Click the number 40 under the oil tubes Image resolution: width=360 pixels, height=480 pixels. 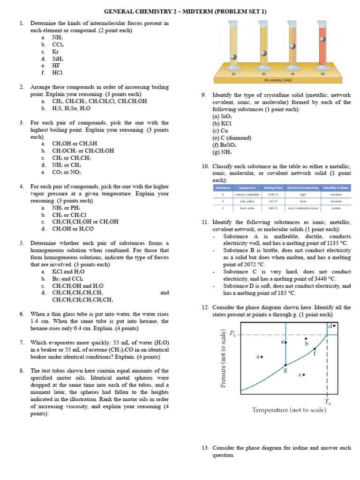293,74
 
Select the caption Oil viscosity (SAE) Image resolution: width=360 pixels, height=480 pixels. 278,80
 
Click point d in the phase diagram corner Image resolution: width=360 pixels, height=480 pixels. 334,325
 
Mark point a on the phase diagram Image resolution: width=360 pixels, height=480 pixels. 261,356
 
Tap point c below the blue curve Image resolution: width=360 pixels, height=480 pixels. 304,375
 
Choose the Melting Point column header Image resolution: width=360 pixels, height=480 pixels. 273,187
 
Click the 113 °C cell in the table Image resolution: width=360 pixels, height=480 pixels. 273,201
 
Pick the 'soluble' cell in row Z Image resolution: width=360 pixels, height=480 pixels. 336,208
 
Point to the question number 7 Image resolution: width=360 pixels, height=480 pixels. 22,343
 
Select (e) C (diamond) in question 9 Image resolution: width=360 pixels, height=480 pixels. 232,138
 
